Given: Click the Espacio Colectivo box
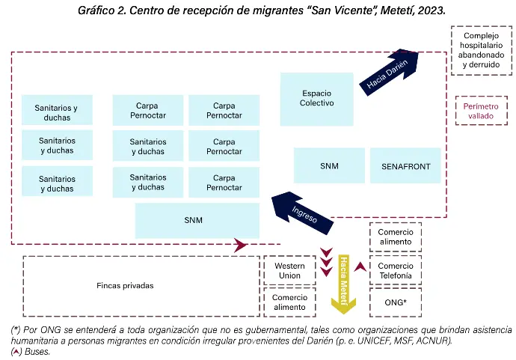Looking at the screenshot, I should coord(317,99).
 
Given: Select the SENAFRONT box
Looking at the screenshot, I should coord(405,165).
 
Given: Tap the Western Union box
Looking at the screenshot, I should coord(288,270).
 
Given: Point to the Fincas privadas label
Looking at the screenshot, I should coord(125,285).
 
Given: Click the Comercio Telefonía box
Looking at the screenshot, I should coord(395,270).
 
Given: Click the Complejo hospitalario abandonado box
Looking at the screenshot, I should coord(481,50).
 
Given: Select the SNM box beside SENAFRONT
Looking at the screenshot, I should coord(329,165).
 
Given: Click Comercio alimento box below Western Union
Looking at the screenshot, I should coord(288,302).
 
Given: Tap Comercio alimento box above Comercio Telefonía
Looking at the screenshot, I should coord(395,237).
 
